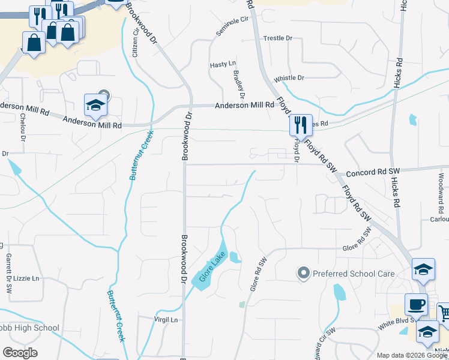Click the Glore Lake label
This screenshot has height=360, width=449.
point(211,270)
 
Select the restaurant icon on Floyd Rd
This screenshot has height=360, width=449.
point(300,125)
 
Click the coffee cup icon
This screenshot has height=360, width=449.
point(416,304)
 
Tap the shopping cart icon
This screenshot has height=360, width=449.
point(444,313)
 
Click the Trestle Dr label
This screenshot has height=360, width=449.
point(277,38)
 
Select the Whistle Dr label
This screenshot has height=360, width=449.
point(289,78)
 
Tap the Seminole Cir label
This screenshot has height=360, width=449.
point(232,25)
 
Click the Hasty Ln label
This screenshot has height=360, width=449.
point(223,64)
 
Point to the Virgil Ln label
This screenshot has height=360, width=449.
point(166,320)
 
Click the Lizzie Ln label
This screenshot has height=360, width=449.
point(26,278)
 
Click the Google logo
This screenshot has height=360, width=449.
point(20,353)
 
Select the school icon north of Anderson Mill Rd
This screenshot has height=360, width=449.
point(95,105)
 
